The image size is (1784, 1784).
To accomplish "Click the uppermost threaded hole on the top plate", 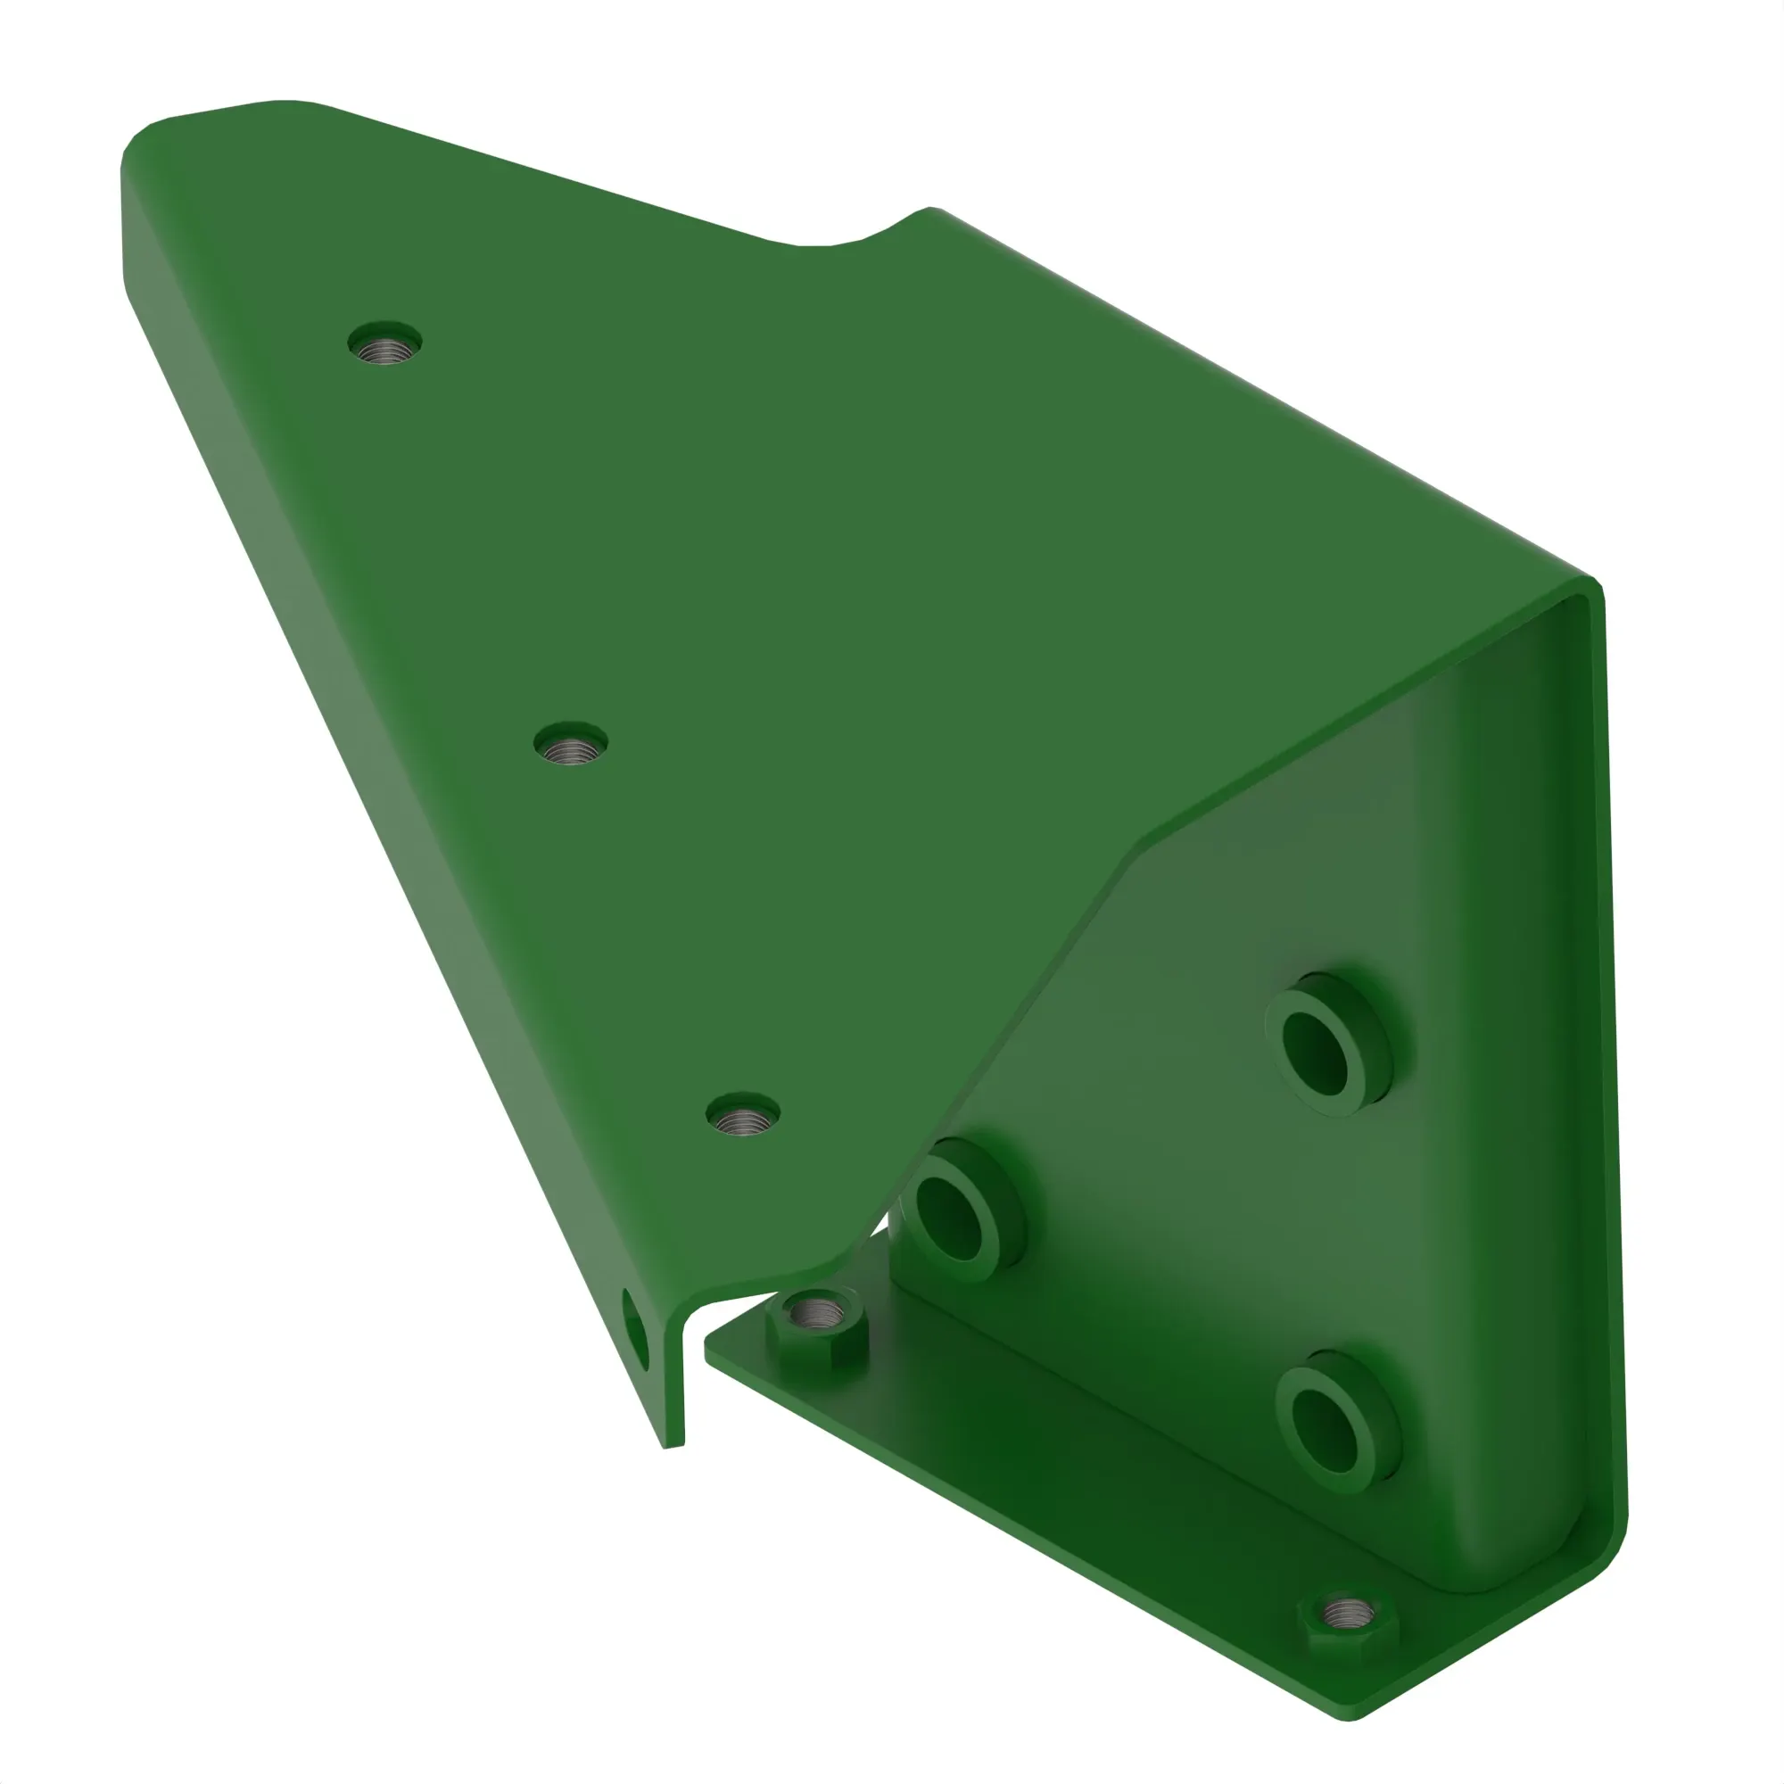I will click(385, 344).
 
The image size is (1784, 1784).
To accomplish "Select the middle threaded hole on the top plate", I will click(571, 744).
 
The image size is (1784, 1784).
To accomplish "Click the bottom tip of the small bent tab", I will click(673, 1445).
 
